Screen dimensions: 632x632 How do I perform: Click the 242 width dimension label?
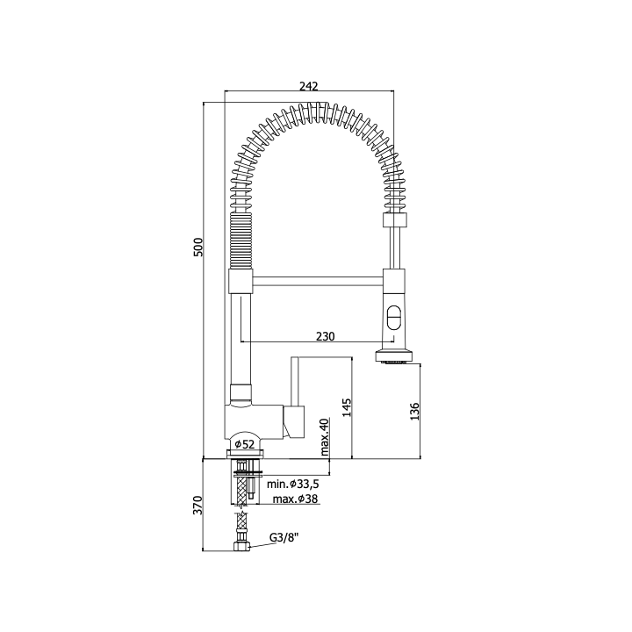309,86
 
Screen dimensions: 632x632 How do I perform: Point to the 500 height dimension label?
198,247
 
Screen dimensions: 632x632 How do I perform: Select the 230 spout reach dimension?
326,336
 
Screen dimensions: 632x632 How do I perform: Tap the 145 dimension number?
347,407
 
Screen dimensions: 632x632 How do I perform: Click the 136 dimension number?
414,412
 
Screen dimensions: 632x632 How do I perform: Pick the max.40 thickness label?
325,437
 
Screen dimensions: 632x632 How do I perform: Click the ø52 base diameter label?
245,444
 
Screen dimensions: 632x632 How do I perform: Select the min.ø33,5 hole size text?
293,484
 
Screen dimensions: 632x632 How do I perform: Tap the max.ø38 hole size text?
296,499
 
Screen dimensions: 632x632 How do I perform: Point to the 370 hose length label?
197,505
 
